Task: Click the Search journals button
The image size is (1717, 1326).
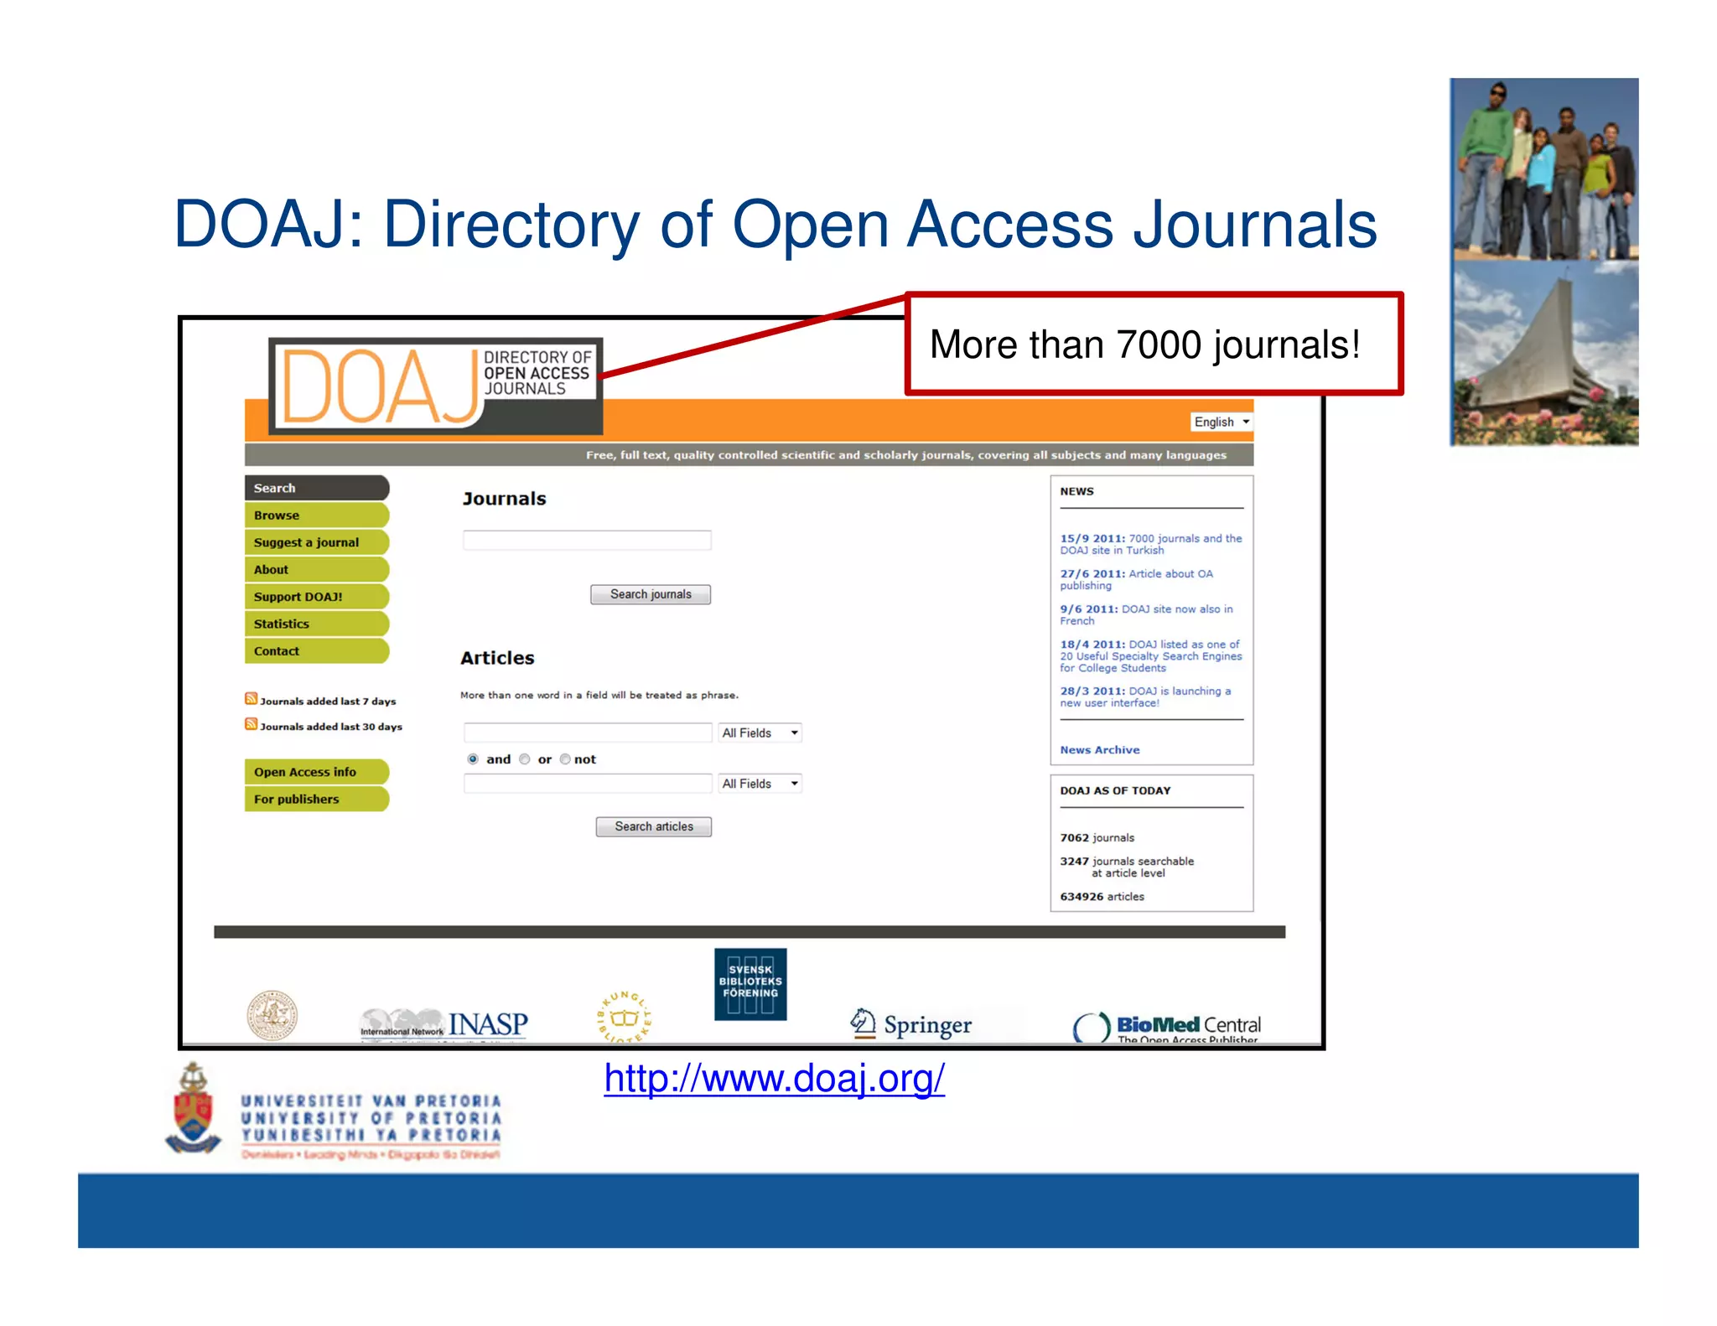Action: [650, 594]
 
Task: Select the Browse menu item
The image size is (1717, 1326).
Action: [316, 515]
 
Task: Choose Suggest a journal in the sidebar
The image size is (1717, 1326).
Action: [316, 542]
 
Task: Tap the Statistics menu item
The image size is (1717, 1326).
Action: [316, 624]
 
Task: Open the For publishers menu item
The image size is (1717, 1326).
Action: [316, 799]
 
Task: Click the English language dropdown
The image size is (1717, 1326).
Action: [1221, 422]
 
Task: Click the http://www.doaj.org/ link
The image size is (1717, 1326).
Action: [774, 1078]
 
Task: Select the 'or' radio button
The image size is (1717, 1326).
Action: [525, 759]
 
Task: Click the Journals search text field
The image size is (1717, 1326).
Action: [587, 541]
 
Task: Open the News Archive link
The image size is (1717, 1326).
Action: [1099, 750]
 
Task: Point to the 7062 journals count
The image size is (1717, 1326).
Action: [1097, 837]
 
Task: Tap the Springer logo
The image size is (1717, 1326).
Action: [911, 1023]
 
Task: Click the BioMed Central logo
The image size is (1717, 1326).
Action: [1167, 1026]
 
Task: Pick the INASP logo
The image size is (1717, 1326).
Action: [444, 1024]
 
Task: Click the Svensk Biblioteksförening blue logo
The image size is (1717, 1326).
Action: [750, 983]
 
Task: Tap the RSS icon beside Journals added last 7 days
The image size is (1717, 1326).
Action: [251, 698]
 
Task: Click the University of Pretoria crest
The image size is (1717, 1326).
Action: [194, 1109]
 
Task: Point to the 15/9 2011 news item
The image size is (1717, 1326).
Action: [1150, 544]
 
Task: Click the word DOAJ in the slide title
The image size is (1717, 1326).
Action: [261, 224]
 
